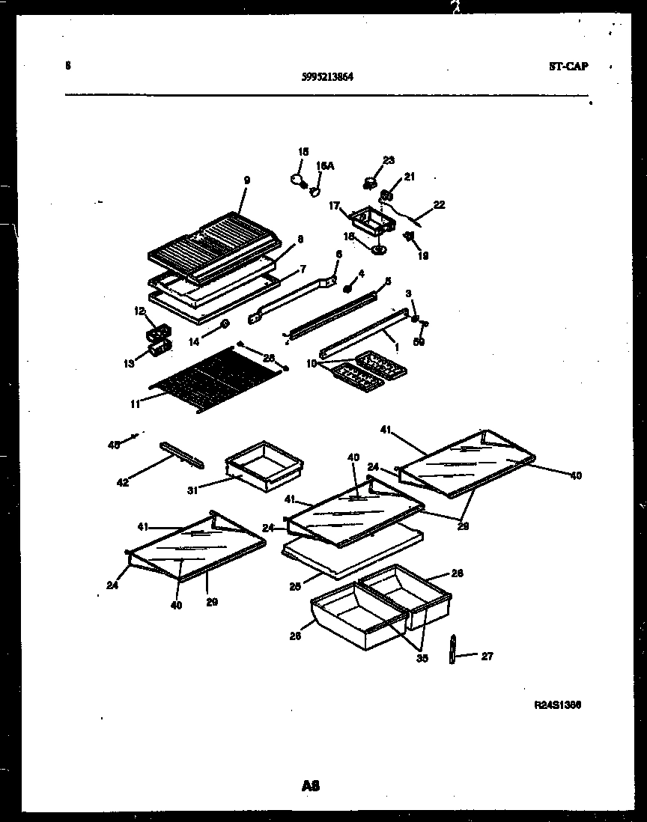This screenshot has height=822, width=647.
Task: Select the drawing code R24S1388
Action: pos(558,704)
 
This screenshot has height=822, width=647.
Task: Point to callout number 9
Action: pos(246,180)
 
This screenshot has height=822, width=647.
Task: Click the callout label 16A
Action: pos(324,166)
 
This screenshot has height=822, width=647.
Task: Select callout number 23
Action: pos(388,159)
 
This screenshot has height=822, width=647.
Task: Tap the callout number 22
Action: pos(439,204)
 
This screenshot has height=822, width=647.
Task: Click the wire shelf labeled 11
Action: pos(217,382)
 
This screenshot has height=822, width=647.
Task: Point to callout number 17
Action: pos(333,204)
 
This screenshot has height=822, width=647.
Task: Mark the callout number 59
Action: pos(419,342)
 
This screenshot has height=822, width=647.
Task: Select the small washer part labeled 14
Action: pos(224,324)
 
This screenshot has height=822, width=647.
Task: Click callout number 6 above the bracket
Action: pos(338,255)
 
